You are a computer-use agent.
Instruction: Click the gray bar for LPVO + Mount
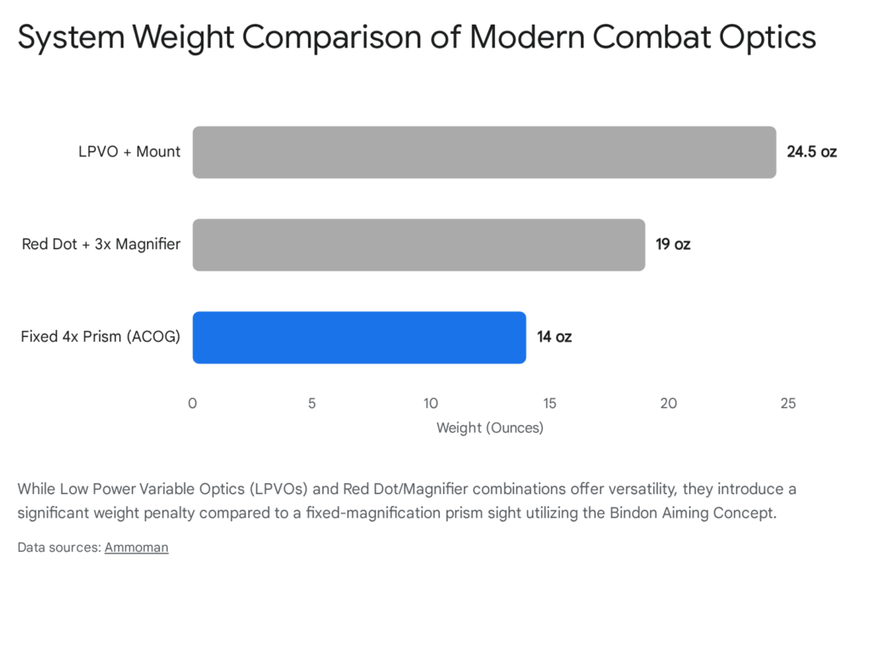pyautogui.click(x=484, y=152)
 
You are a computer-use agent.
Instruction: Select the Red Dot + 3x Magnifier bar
pyautogui.click(x=418, y=245)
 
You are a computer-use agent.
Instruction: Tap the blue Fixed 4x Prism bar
pyautogui.click(x=359, y=338)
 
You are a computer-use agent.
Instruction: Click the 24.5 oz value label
pyautogui.click(x=811, y=152)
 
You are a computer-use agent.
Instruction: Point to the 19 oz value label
pyautogui.click(x=673, y=245)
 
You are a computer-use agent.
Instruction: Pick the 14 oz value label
pyautogui.click(x=554, y=338)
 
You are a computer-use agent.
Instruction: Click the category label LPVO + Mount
pyautogui.click(x=128, y=152)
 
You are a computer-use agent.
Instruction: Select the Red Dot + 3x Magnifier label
pyautogui.click(x=101, y=245)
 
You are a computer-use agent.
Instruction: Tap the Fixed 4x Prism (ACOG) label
pyautogui.click(x=100, y=338)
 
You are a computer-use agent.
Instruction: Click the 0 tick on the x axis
pyautogui.click(x=193, y=403)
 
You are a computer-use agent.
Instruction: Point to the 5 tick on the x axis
pyautogui.click(x=312, y=403)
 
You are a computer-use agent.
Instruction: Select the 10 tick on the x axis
pyautogui.click(x=431, y=403)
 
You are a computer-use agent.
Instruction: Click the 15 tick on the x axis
pyautogui.click(x=549, y=403)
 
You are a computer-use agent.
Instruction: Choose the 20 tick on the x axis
pyautogui.click(x=669, y=403)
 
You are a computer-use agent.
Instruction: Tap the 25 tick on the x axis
pyautogui.click(x=788, y=403)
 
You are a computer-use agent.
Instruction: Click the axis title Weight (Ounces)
pyautogui.click(x=490, y=428)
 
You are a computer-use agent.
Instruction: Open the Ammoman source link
pyautogui.click(x=136, y=548)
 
